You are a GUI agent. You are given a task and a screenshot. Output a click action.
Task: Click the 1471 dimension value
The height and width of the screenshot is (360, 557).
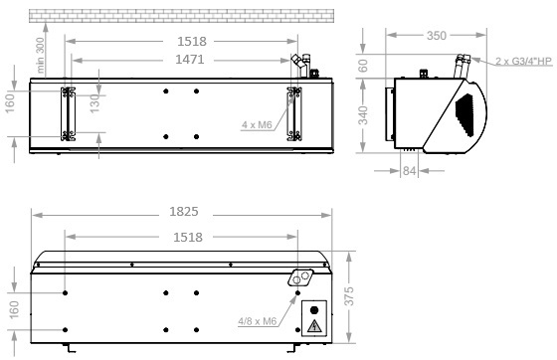point(190,60)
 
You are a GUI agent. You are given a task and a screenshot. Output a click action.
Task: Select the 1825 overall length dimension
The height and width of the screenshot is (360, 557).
point(184,212)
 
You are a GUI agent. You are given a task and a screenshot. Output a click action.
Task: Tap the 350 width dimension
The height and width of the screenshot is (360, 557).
point(437,36)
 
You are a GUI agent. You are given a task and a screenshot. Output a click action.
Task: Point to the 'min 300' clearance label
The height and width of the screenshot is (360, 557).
point(40,56)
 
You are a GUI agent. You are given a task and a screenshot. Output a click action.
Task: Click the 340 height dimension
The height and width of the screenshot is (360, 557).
point(363,115)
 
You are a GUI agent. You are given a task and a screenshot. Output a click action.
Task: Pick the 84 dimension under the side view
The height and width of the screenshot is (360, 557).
point(409,171)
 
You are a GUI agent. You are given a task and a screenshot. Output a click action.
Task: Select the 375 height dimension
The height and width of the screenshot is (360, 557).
point(349,296)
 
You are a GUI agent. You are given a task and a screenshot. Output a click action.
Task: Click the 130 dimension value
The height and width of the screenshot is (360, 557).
point(94,103)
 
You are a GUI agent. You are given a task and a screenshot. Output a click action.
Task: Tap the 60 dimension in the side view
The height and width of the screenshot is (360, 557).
point(363,66)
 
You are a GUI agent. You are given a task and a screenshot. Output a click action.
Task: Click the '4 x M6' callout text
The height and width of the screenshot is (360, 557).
point(257,125)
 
